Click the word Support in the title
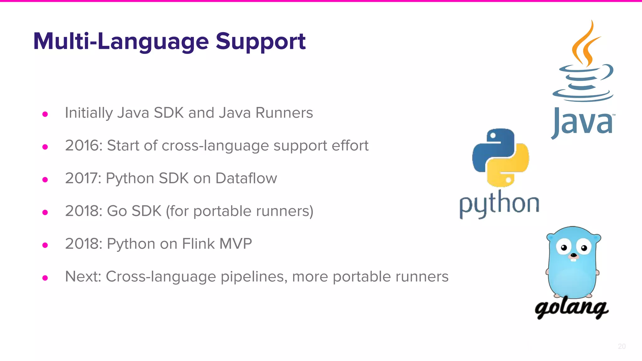260,42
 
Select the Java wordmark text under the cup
582,123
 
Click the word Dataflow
246,178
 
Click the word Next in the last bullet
83,277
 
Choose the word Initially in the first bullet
89,113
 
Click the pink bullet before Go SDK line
45,212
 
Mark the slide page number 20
622,346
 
